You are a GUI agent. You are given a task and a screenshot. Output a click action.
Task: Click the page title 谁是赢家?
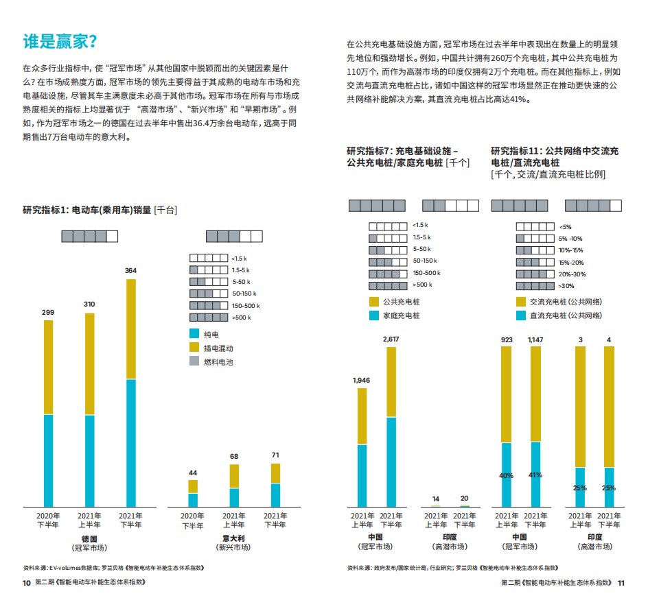click(60, 40)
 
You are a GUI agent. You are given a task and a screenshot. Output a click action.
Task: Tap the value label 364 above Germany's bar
click(130, 271)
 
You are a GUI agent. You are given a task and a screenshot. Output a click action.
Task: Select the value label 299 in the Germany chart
click(48, 312)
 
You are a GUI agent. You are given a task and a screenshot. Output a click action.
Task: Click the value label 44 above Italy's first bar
click(193, 473)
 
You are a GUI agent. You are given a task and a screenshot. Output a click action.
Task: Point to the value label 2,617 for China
click(391, 339)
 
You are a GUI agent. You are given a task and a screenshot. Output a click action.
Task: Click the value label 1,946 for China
click(361, 380)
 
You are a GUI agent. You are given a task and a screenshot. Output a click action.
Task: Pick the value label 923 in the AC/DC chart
click(507, 339)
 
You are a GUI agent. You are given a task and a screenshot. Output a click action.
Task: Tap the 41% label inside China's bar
click(535, 475)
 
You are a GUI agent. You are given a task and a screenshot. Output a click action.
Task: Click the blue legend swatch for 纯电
click(194, 334)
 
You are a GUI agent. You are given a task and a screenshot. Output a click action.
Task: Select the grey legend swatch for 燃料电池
click(194, 361)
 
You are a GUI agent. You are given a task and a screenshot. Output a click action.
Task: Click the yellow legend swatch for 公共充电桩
click(374, 301)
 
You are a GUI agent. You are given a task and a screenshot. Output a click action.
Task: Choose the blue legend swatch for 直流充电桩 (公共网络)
click(520, 315)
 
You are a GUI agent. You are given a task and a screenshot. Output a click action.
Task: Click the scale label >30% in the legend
click(566, 285)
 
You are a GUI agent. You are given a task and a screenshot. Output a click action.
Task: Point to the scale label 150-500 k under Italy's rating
click(246, 305)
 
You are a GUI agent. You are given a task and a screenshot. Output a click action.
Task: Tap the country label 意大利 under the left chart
click(235, 538)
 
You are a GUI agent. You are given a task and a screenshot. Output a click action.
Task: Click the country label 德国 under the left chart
click(89, 538)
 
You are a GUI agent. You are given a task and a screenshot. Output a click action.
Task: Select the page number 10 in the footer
click(26, 583)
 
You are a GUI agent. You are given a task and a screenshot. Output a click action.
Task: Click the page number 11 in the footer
click(621, 583)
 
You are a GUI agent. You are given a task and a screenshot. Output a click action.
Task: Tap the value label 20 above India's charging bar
click(464, 499)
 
